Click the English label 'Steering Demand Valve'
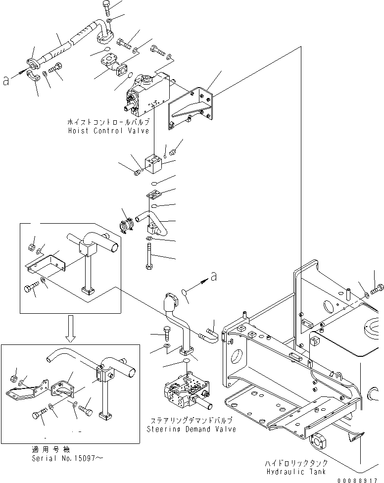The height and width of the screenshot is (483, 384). [191, 429]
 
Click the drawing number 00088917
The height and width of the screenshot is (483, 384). [360, 480]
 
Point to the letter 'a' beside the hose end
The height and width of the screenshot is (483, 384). [6, 81]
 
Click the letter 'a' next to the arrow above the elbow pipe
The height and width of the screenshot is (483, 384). [213, 278]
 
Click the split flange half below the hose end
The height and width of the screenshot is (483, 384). [33, 76]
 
